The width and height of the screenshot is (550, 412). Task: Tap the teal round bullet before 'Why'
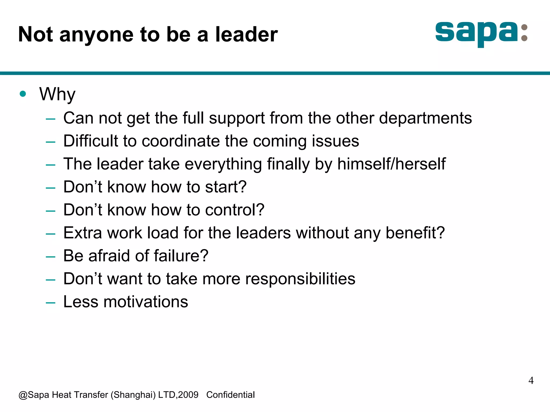coord(23,94)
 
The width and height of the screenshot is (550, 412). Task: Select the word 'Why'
coord(57,94)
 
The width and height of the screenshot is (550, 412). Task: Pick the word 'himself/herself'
coord(391,164)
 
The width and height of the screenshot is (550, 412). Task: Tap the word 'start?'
coord(226,187)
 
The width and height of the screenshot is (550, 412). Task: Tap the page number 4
coord(531,380)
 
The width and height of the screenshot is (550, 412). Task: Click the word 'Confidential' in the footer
coord(230,395)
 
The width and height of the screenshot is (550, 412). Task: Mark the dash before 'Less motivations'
coord(50,303)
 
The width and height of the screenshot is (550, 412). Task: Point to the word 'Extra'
coord(82,233)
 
